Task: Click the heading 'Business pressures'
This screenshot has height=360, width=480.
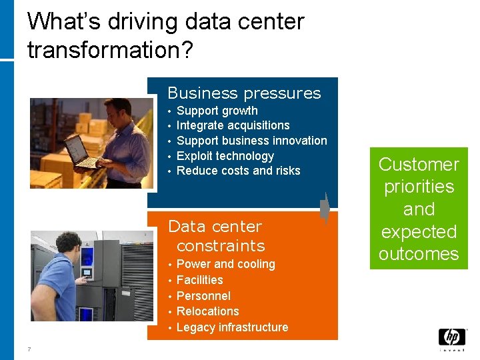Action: [244, 93]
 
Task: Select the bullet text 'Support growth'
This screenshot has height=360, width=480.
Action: [217, 111]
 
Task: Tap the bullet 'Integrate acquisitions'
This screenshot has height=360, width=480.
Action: [233, 125]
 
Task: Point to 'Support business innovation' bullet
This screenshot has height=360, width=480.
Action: [251, 141]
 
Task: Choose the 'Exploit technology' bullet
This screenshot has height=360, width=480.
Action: [225, 156]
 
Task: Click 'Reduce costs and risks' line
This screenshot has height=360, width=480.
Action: [238, 171]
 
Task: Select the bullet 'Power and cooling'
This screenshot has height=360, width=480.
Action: [225, 264]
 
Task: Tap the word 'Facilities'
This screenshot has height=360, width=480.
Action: [199, 280]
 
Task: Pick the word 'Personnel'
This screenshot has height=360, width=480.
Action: [203, 296]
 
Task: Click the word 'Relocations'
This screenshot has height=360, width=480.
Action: [207, 311]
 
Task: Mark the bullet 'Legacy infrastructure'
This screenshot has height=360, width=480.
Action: [232, 327]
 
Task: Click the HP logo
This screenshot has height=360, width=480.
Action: [451, 338]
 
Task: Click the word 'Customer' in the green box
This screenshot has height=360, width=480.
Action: [419, 165]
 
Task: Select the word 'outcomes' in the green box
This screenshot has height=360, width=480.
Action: [419, 254]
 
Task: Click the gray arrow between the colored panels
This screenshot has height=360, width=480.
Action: [325, 207]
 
